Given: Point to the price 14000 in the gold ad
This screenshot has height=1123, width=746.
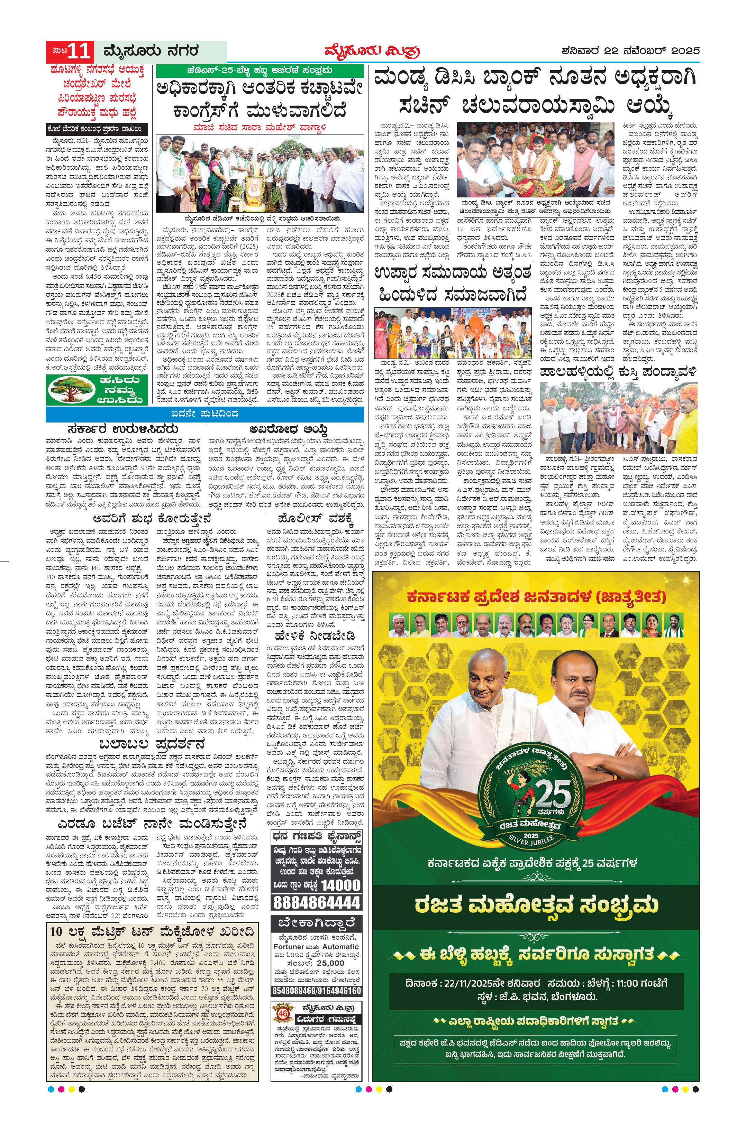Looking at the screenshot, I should pyautogui.click(x=340, y=885).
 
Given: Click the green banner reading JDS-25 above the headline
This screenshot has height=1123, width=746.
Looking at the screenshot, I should pyautogui.click(x=260, y=71).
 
